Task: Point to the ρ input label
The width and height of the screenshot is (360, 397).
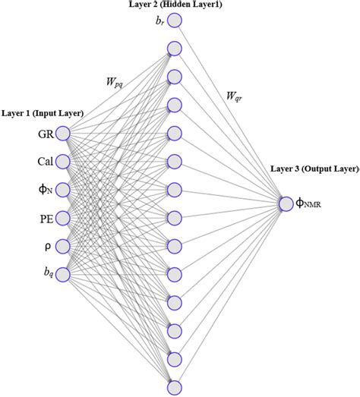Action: click(46, 246)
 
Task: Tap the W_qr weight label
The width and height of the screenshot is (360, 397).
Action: click(235, 96)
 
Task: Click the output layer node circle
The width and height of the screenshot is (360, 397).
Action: click(286, 203)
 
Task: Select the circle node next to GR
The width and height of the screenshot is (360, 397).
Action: click(63, 134)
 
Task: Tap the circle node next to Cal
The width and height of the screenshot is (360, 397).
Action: click(63, 161)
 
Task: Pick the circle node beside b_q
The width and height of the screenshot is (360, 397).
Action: click(63, 273)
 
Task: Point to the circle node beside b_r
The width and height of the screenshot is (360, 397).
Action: click(175, 20)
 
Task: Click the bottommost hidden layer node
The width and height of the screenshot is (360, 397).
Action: click(175, 386)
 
